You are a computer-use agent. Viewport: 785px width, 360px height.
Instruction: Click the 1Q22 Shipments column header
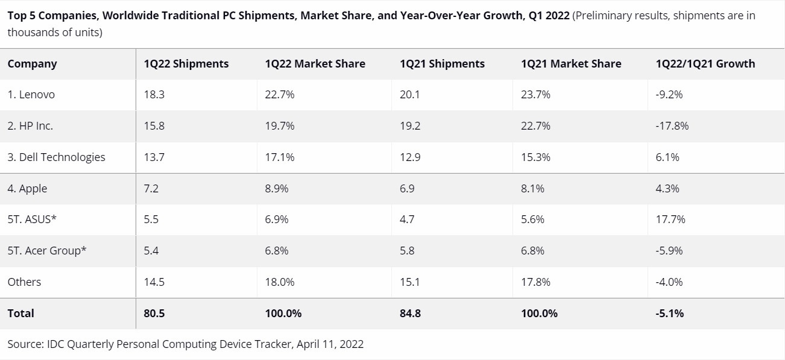(x=186, y=64)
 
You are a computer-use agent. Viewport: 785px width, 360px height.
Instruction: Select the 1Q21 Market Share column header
(x=571, y=64)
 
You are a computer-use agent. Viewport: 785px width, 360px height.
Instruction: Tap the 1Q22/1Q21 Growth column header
(x=705, y=64)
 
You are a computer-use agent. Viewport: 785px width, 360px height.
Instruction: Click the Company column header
(x=32, y=64)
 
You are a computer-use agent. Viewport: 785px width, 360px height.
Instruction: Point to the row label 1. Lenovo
(x=31, y=95)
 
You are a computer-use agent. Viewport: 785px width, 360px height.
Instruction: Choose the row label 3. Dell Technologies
(x=56, y=157)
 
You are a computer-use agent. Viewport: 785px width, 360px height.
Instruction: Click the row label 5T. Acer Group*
(x=46, y=251)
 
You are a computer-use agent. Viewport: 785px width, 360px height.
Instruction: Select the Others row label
(x=24, y=282)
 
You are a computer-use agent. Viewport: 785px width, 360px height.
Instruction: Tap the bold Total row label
(x=20, y=313)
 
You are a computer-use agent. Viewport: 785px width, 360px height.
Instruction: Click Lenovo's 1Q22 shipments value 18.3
(x=154, y=95)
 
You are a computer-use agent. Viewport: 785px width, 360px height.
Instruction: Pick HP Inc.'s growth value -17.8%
(x=672, y=126)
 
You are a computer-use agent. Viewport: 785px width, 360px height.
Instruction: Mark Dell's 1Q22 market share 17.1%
(x=279, y=157)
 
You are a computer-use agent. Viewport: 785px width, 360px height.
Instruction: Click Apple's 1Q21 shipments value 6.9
(x=407, y=189)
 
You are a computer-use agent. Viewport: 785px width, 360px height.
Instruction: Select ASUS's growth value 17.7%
(x=670, y=219)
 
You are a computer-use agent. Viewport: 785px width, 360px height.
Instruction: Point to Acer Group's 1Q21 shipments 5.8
(x=407, y=251)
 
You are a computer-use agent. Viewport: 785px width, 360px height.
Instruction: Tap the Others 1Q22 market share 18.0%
(x=279, y=282)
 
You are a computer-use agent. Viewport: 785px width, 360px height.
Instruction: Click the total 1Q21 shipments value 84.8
(x=410, y=313)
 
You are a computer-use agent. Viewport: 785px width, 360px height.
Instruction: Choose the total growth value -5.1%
(x=669, y=313)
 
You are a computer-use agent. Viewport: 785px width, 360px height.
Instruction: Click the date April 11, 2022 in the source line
(x=330, y=344)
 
